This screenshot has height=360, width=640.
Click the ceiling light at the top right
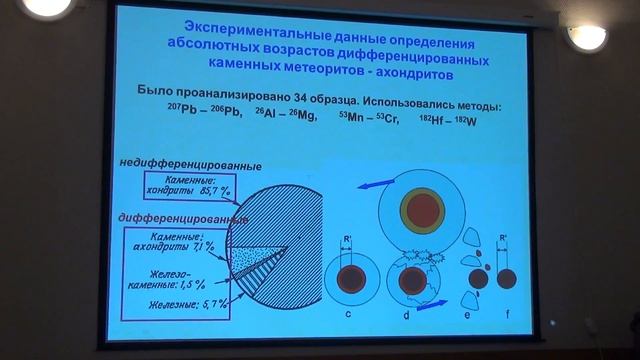[x=587, y=37]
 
